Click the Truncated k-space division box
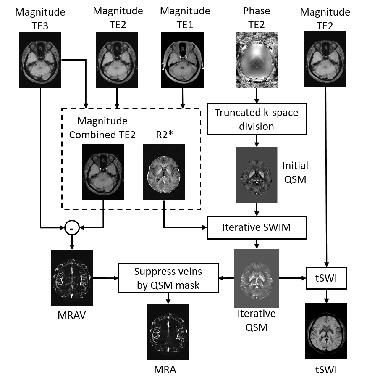257,119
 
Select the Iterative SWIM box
257,227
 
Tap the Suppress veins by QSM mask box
168,278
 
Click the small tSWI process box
326,278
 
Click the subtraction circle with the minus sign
72,227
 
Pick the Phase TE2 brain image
257,60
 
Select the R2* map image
164,172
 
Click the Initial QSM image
257,175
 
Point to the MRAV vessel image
72,278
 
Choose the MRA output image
168,332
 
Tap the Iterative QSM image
257,278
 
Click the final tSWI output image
326,331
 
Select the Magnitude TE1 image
182,60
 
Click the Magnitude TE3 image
40,60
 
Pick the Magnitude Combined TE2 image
103,172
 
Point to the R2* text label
164,135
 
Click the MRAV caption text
72,315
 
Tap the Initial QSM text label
295,172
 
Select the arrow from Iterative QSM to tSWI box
292,278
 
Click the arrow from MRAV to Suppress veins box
105,278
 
